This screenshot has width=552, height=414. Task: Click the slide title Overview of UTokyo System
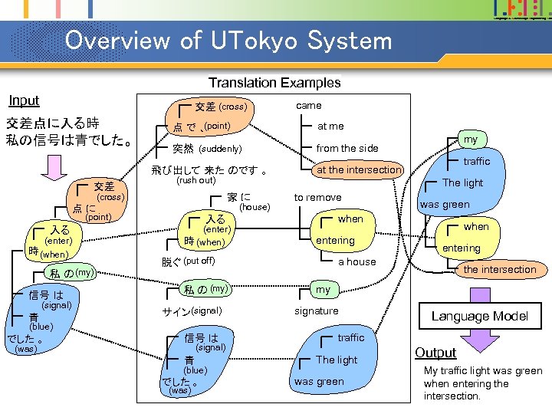[228, 40]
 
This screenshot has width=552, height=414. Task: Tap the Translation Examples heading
[274, 83]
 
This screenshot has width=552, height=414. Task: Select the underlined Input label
[24, 100]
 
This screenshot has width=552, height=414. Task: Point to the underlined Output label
[435, 353]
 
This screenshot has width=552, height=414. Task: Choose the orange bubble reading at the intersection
[359, 169]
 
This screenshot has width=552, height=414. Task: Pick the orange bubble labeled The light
[462, 182]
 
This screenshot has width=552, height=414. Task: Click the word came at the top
[309, 105]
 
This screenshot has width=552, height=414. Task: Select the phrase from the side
[347, 148]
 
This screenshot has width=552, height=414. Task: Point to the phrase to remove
[317, 198]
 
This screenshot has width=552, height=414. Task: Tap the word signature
[316, 310]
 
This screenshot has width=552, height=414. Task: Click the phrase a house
[357, 261]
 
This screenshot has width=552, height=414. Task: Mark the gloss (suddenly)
[220, 148]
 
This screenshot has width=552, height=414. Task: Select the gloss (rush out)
[196, 181]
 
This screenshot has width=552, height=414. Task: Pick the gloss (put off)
[199, 261]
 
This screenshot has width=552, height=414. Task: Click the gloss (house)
[255, 207]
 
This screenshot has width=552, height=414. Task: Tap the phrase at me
[330, 126]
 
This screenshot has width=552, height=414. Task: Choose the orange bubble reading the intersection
[500, 269]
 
